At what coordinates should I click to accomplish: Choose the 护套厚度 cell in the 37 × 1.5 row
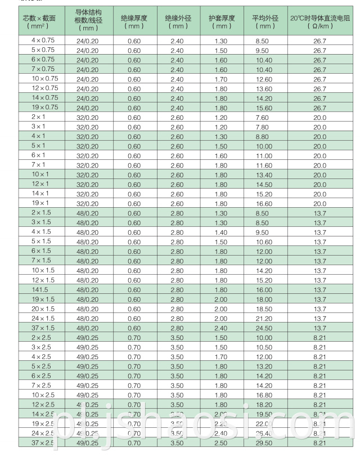(x=223, y=328)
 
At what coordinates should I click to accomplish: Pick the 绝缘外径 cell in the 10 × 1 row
(x=178, y=175)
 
